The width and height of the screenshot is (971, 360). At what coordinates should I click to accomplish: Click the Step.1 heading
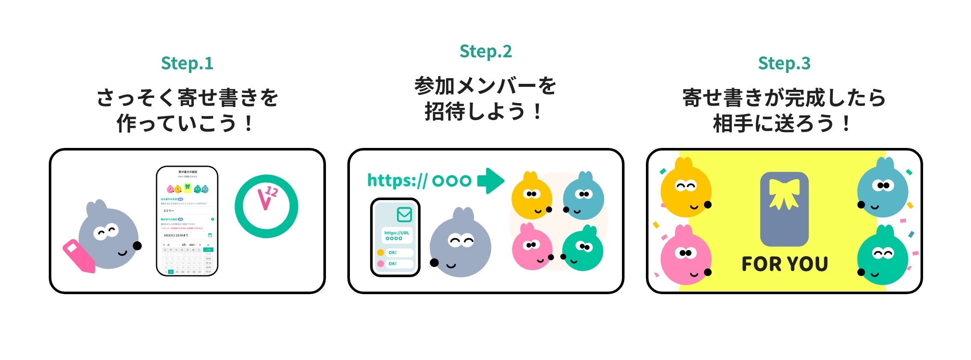coord(187,63)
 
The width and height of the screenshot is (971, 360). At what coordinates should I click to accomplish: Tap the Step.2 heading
coord(485,51)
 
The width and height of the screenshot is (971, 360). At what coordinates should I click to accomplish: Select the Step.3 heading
coord(784,63)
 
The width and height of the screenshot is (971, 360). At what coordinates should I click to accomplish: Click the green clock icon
coord(266,206)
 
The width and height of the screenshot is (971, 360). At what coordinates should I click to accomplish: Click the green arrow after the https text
coord(490,181)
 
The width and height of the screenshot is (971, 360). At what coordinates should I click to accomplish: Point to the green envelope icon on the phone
coord(404,214)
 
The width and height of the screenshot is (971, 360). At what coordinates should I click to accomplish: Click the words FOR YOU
coord(784,264)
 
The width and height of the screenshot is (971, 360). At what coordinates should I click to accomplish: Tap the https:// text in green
coord(397,180)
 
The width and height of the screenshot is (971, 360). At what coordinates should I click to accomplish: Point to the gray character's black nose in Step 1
coord(137,246)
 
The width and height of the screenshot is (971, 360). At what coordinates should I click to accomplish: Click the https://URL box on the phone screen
coord(397,236)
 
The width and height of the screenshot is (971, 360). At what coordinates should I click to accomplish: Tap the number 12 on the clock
coord(271,192)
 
